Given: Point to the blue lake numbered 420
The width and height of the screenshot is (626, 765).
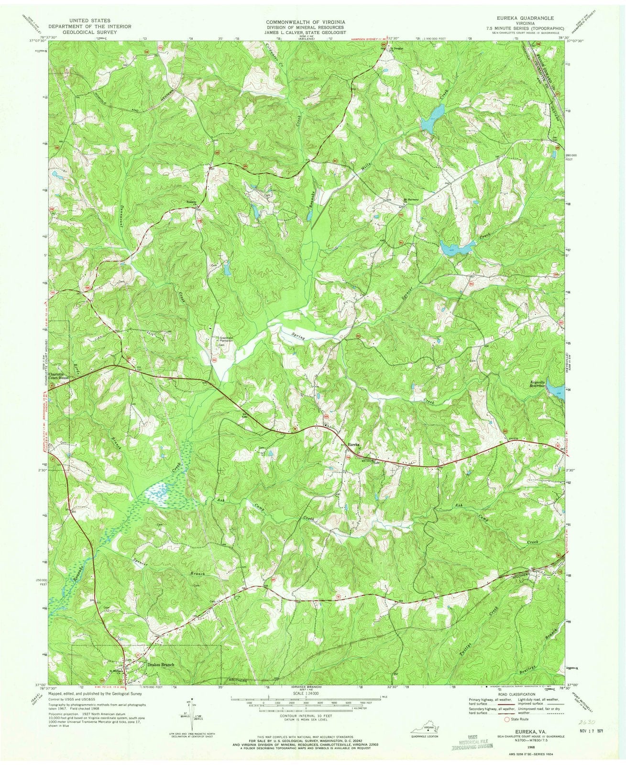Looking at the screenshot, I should [x=456, y=248].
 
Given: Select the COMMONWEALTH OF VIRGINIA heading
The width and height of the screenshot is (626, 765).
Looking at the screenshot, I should [x=306, y=22].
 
